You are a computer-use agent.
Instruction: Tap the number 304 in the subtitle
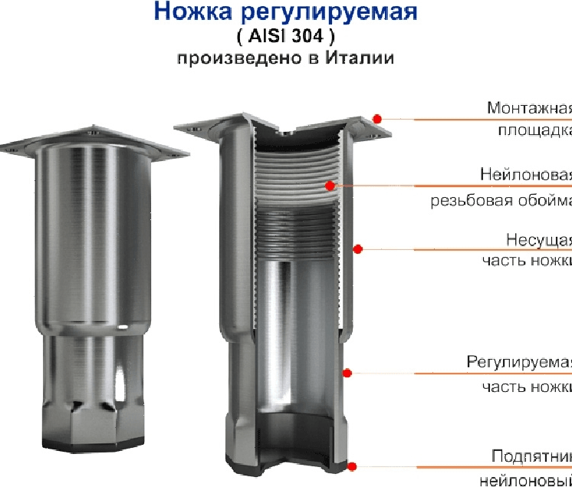coord(317,36)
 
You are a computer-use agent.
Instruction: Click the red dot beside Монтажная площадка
coord(377,117)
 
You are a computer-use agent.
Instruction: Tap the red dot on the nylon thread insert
coord(329,185)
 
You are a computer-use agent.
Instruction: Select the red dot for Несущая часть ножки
coord(357,248)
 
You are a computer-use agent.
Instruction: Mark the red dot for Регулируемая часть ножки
coord(347,373)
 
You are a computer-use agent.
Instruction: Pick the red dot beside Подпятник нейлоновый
coord(353,466)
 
